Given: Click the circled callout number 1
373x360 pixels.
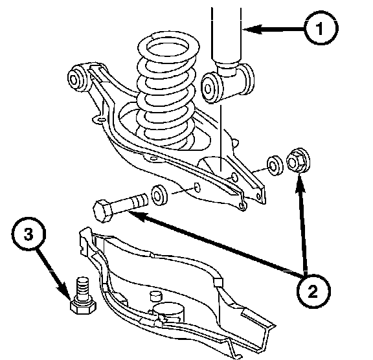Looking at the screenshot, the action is [321, 28].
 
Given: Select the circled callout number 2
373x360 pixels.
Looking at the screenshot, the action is [313, 291].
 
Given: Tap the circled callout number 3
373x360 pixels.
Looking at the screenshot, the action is [28, 234].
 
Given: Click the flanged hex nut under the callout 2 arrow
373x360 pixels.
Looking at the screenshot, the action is [299, 160].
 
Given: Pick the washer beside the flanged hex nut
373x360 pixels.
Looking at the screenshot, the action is [275, 166].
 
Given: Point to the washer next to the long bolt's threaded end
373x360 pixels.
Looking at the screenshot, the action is [159, 195].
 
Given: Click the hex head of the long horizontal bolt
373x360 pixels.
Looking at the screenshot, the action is [103, 211].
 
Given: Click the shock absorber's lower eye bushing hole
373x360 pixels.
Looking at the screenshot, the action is [208, 89].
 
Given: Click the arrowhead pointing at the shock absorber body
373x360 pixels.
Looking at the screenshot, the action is [252, 29].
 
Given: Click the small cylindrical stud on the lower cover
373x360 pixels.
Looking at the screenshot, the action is [155, 296].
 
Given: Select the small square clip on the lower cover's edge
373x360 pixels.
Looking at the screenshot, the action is [218, 282].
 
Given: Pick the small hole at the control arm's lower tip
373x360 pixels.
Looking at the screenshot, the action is [242, 206].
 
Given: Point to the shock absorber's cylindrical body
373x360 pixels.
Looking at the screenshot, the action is [226, 34].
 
